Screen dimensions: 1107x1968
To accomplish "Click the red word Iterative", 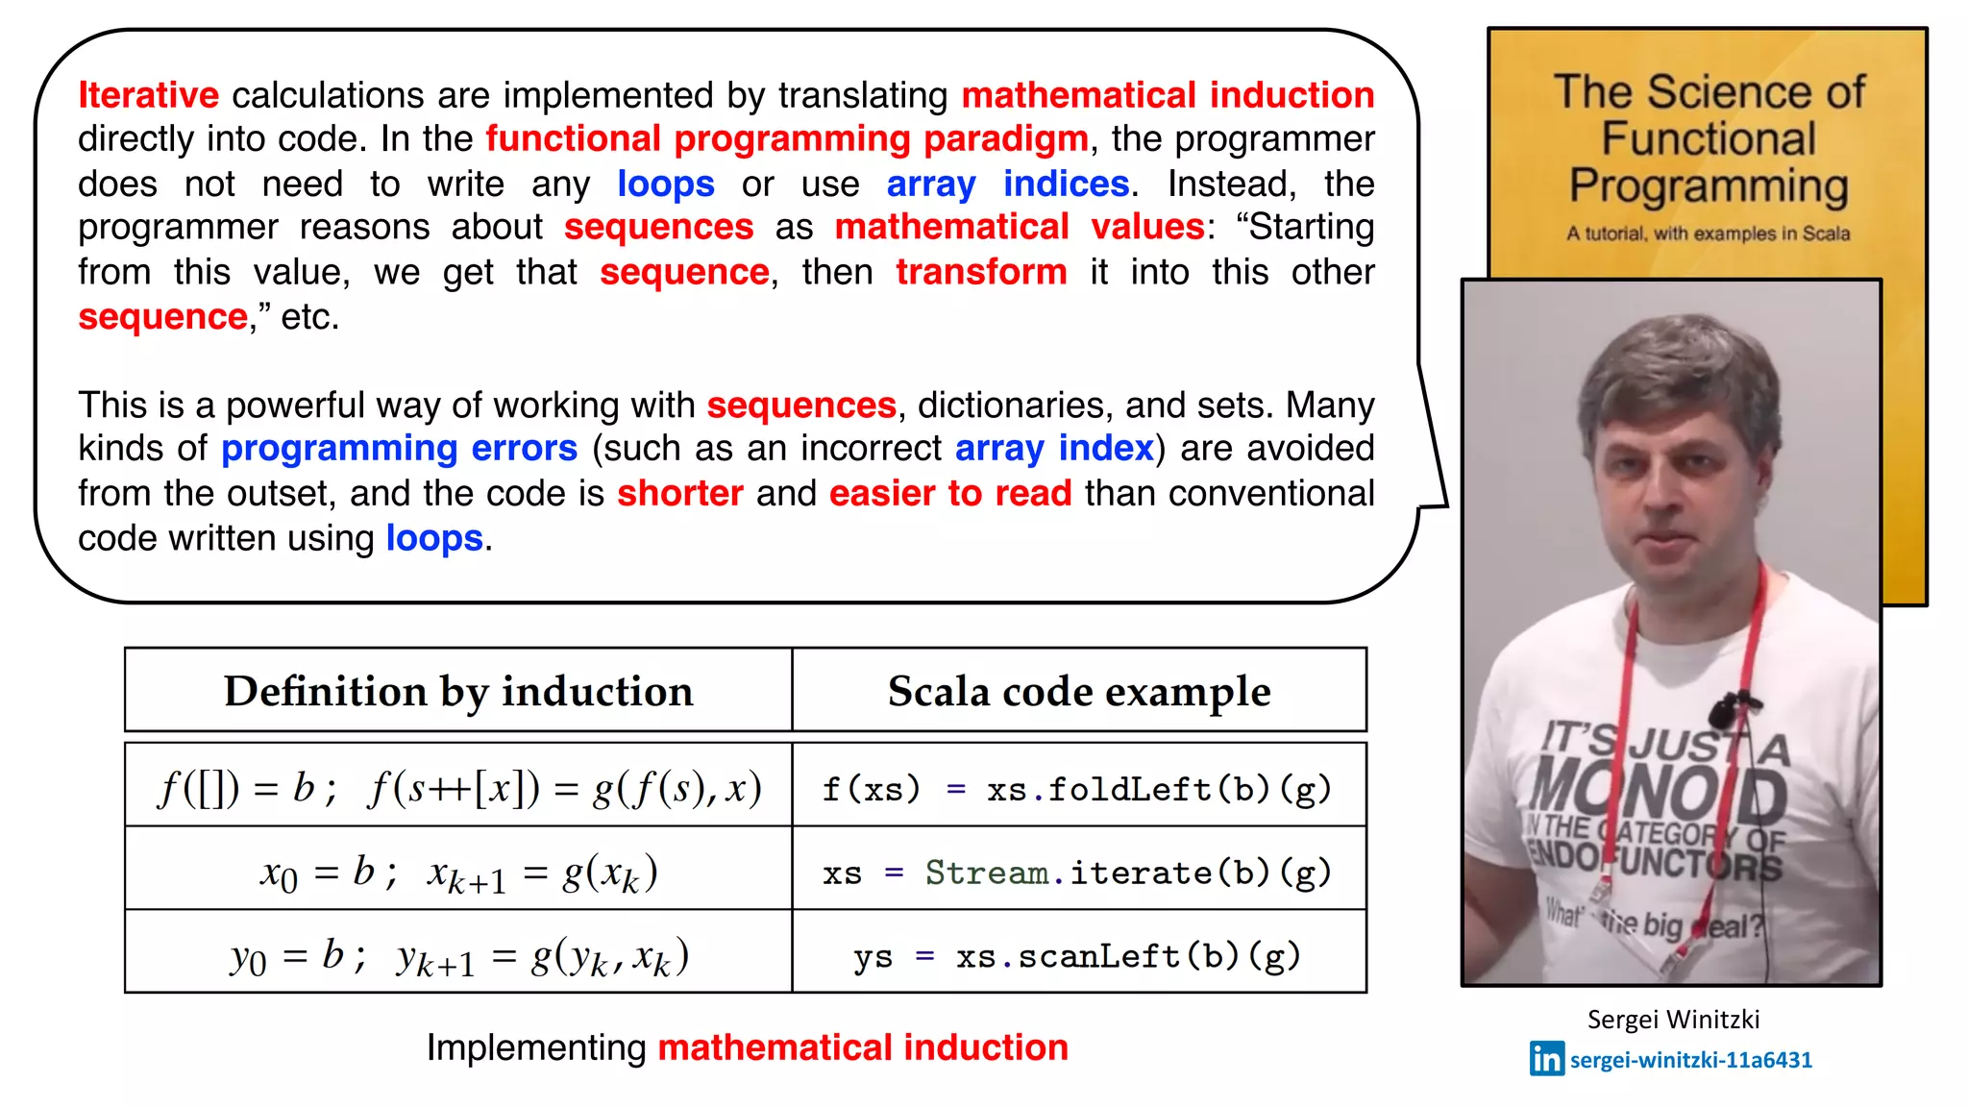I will tap(148, 95).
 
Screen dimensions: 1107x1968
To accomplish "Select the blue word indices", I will tap(1066, 184).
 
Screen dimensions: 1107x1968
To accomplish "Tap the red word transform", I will tap(981, 272).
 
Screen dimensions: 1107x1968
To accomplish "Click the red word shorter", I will tap(679, 493).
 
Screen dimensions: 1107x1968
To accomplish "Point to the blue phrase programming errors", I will tap(399, 449).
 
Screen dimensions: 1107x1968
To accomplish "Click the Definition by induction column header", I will tap(458, 691).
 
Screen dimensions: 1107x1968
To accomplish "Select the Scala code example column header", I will tap(1078, 691).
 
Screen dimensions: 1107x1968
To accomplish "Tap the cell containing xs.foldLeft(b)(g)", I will tap(1077, 789).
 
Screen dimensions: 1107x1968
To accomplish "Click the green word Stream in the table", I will tap(986, 873).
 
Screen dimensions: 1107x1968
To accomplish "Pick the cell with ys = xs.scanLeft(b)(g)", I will tap(1077, 956).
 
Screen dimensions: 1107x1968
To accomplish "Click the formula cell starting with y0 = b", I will tap(458, 956).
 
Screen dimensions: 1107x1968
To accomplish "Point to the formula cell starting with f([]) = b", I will tap(458, 789).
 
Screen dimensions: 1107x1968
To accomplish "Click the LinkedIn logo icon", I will tap(1546, 1059).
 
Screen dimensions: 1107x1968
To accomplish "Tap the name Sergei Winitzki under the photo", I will tap(1673, 1020).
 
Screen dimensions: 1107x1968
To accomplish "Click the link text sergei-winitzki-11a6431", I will tap(1690, 1060).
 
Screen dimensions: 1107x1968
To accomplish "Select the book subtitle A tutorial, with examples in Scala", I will tap(1708, 234).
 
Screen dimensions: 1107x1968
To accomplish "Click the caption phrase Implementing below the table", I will tap(536, 1047).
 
